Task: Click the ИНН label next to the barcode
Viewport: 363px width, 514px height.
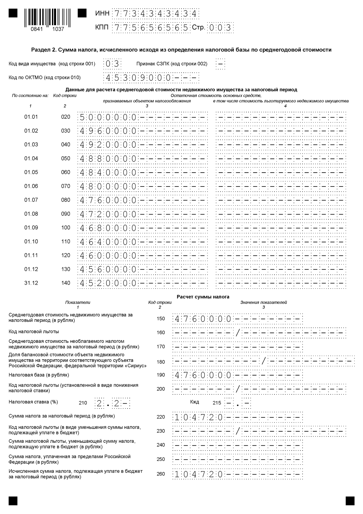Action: coord(102,14)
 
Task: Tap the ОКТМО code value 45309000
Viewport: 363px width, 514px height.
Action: coord(138,78)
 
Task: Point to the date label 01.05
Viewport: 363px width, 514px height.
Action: coord(31,172)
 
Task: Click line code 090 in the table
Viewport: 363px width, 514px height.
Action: coord(66,214)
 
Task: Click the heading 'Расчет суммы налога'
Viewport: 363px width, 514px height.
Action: coord(203,297)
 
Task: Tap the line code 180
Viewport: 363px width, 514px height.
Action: coord(161,362)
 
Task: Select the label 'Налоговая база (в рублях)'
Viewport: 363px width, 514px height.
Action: coord(39,375)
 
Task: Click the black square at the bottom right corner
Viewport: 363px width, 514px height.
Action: coord(350,500)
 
